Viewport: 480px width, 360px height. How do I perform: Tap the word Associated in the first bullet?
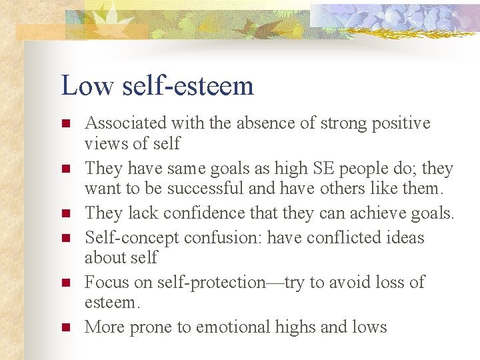tap(126, 123)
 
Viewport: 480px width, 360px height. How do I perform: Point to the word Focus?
tap(105, 283)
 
